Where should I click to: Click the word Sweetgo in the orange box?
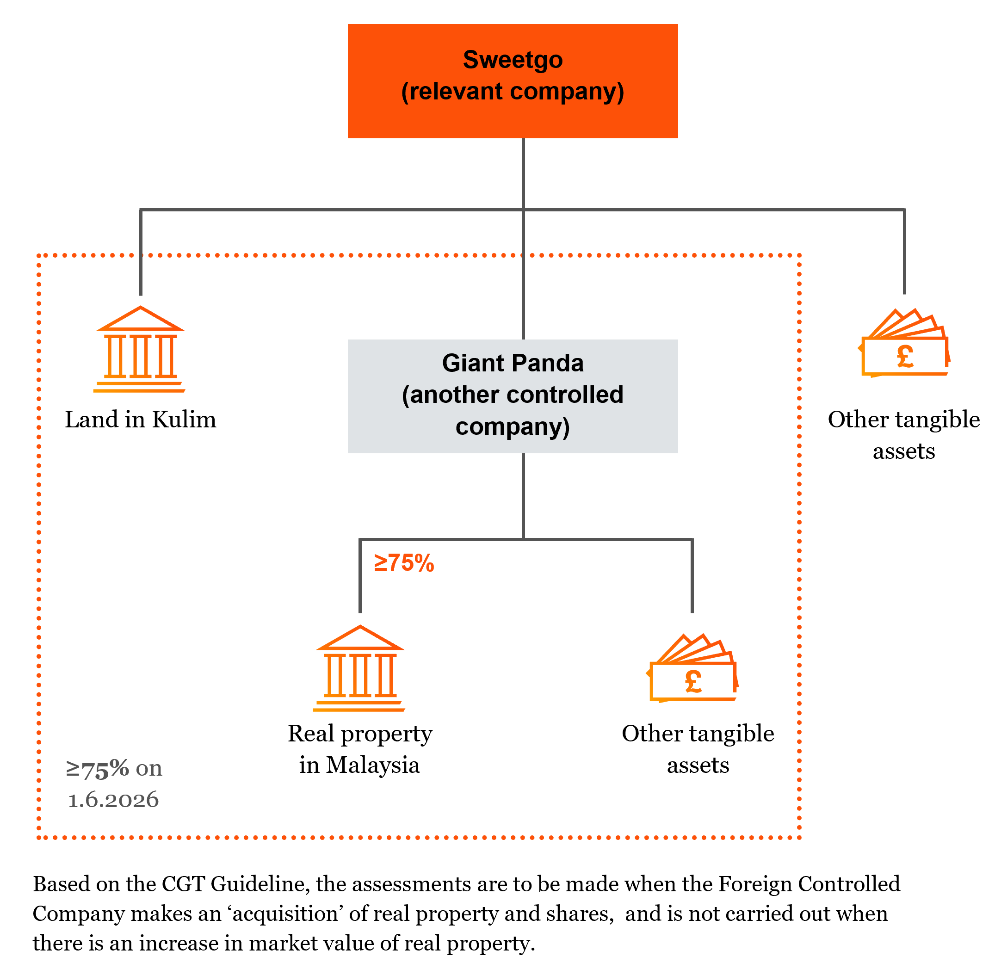point(513,60)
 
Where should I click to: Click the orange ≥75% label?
point(404,563)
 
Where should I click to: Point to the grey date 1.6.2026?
point(113,800)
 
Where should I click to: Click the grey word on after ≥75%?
point(149,768)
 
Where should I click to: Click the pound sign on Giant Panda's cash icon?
point(693,681)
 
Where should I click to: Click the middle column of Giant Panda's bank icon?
point(360,676)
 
